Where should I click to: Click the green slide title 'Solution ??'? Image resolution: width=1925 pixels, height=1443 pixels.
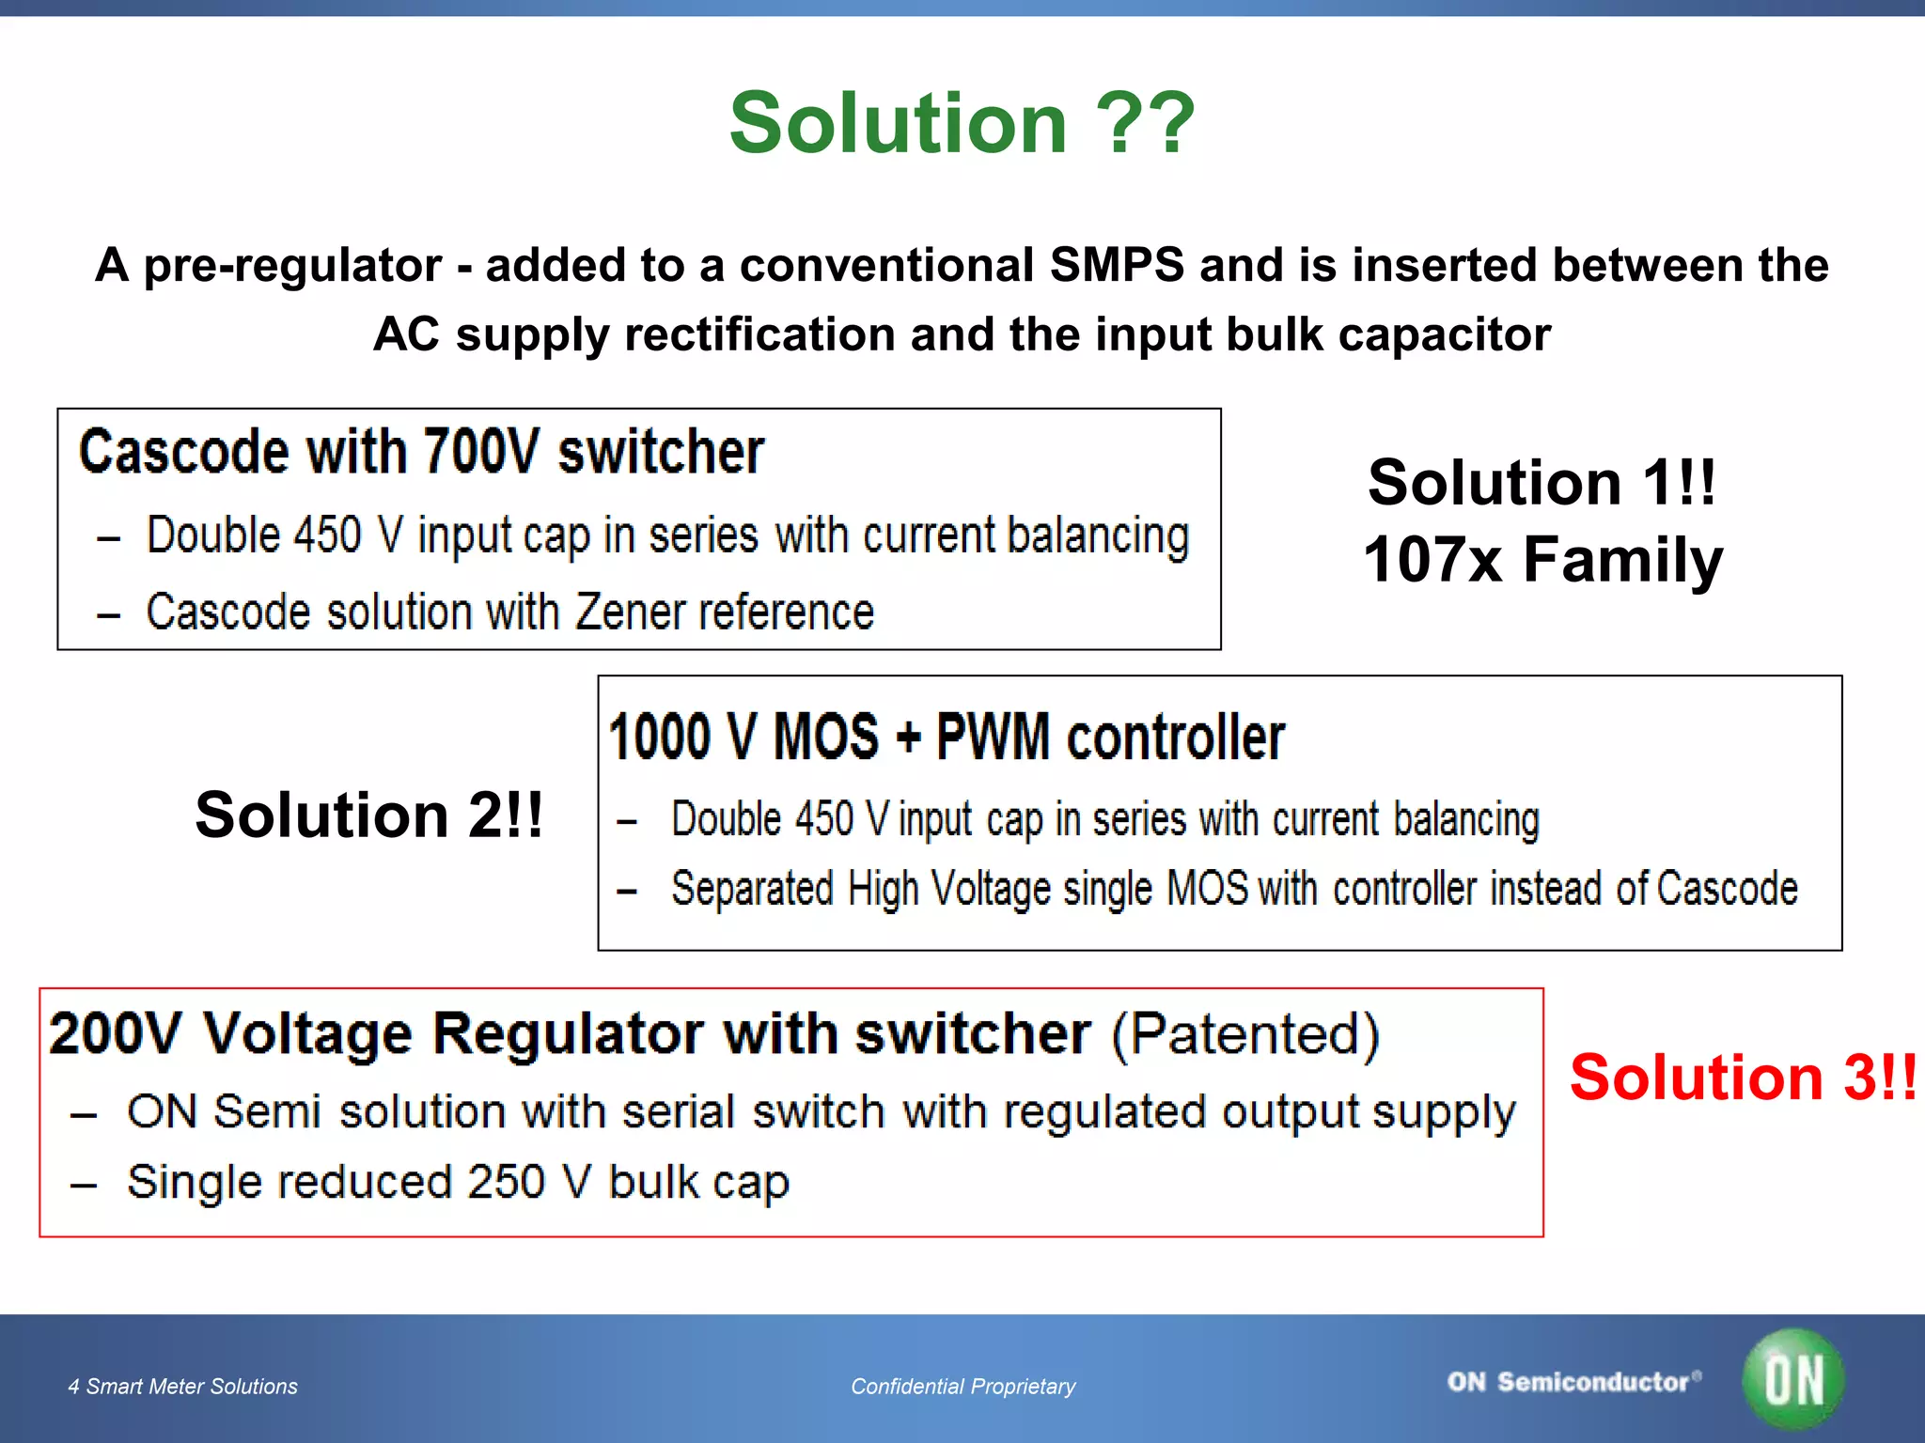coord(962,123)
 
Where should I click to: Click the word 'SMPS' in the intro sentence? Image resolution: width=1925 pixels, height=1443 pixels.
coord(1117,265)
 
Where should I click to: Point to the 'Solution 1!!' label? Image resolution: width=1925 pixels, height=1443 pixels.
coord(1542,483)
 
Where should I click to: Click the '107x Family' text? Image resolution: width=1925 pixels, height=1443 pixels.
coord(1542,560)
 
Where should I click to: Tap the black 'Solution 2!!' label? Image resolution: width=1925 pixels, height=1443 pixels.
coord(368,815)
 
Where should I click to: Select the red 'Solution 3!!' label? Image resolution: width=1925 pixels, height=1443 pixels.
coord(1742,1077)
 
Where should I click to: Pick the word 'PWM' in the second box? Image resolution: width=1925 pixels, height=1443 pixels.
coord(993,737)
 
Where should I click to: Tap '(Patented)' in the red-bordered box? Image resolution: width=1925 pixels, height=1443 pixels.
coord(1245,1034)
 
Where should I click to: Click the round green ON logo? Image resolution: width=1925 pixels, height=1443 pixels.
coord(1792,1379)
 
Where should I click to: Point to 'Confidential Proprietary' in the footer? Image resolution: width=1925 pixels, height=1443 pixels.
coord(962,1387)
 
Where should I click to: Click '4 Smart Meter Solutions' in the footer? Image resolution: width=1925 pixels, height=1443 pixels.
coord(182,1387)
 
